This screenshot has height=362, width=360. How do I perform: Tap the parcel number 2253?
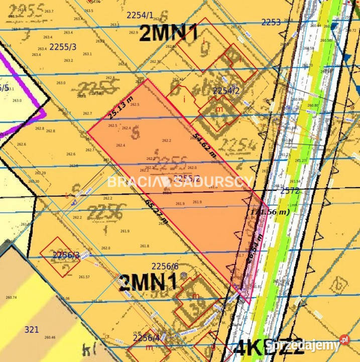271,22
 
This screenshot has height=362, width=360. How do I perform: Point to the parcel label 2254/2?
226,90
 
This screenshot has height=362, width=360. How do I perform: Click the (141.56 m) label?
270,213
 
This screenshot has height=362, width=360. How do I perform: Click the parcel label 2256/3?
66,255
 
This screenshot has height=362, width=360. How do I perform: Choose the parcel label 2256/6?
165,266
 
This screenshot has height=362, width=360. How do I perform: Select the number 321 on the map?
31,329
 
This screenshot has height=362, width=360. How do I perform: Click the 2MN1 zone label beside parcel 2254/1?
168,33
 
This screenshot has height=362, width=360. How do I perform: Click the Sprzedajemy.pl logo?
307,345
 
